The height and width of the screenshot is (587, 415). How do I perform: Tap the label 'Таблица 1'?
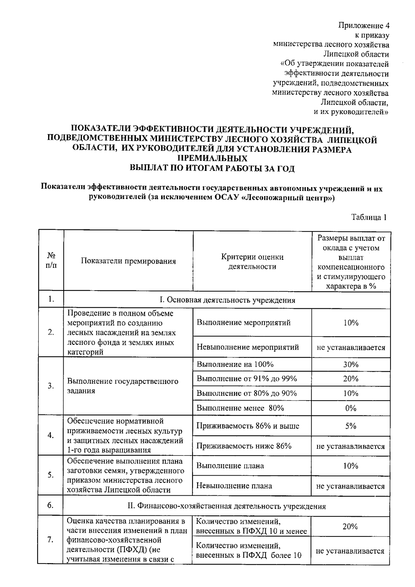369,217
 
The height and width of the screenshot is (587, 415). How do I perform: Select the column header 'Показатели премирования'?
128,261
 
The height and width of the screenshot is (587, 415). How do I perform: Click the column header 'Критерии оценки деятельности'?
252,262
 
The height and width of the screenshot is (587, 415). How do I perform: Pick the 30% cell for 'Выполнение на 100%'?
351,364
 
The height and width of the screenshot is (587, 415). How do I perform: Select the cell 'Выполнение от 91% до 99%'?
247,378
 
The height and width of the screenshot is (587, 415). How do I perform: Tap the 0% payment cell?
351,408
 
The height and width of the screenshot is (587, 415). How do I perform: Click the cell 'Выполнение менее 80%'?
240,408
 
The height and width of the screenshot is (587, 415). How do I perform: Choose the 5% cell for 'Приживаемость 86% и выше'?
351,426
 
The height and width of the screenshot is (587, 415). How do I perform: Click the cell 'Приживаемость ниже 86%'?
244,446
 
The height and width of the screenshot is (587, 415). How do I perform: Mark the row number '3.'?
51,386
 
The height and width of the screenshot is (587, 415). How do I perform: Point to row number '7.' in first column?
50,540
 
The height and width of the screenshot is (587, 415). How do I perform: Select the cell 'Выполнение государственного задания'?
123,386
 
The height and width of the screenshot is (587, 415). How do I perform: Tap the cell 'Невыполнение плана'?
234,486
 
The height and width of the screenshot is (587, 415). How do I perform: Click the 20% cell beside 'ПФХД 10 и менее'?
350,526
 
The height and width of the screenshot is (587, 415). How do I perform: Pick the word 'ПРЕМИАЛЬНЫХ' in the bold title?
212,159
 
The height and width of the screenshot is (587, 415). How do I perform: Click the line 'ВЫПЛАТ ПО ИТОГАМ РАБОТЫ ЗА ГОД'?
212,168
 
